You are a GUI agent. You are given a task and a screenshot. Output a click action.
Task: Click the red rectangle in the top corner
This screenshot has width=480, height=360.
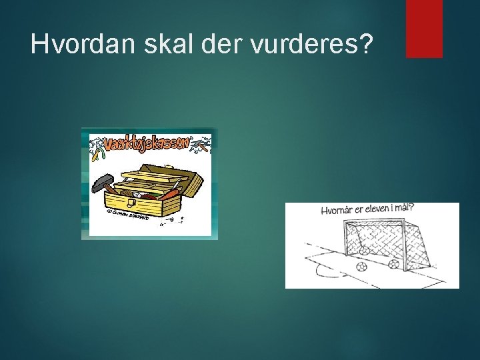[x=424, y=28]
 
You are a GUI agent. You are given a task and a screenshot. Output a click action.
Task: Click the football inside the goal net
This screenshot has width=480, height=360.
[x=365, y=250]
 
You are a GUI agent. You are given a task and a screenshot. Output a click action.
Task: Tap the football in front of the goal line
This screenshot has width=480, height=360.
[x=361, y=267]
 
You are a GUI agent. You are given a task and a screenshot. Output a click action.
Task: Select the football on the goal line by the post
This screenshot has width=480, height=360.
[x=393, y=264]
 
